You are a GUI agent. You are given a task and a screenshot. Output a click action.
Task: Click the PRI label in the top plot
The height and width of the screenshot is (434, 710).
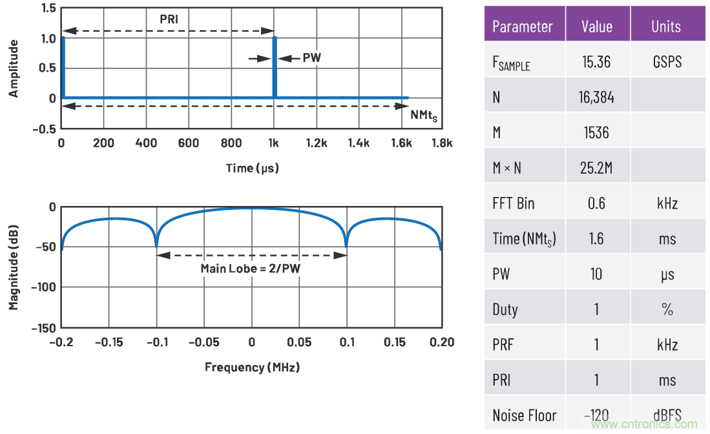tap(169, 19)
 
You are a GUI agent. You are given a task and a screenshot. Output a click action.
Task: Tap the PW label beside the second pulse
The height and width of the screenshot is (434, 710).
tap(311, 57)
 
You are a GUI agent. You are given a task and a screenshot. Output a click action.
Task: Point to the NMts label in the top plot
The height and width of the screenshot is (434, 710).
tap(424, 115)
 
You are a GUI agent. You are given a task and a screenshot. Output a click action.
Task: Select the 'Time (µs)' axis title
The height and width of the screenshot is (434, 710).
tap(252, 168)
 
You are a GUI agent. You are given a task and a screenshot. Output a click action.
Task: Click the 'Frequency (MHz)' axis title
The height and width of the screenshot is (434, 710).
tap(252, 367)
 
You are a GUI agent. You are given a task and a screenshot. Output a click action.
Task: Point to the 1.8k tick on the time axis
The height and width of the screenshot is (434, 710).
tap(442, 143)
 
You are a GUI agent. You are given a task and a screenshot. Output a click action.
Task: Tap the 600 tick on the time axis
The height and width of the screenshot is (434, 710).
tap(188, 143)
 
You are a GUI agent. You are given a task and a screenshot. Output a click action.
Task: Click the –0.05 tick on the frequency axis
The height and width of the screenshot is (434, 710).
tap(204, 342)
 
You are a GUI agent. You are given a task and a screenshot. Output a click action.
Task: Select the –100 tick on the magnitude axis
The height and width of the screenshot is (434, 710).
tap(39, 287)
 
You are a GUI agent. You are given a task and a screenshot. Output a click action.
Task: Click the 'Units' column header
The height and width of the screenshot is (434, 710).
tap(665, 26)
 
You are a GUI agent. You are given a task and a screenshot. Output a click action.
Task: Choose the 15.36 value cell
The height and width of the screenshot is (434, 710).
tap(596, 62)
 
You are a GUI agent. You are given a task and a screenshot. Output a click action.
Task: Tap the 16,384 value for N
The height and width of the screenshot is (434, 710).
tap(596, 98)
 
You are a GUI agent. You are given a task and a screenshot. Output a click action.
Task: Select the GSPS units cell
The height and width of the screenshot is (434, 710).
tap(667, 62)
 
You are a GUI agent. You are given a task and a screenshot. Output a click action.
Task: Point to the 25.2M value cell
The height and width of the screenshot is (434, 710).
tap(596, 168)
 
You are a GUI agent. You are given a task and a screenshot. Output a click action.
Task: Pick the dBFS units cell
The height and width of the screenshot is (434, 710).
tap(667, 415)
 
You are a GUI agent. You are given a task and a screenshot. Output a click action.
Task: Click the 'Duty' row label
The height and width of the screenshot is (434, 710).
tap(505, 309)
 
